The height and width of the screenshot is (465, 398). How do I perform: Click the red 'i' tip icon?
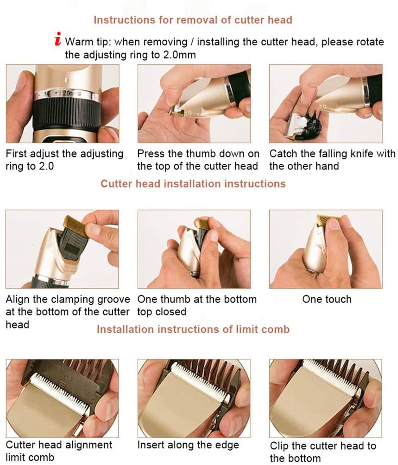click(x=58, y=39)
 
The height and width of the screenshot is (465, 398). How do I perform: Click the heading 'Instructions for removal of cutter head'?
click(x=193, y=20)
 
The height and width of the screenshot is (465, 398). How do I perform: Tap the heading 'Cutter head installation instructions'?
click(x=193, y=183)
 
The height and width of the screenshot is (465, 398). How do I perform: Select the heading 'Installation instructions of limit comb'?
click(x=193, y=329)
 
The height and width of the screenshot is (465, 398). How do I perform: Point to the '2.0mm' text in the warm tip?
click(x=179, y=55)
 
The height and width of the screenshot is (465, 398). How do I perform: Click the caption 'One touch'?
click(x=327, y=299)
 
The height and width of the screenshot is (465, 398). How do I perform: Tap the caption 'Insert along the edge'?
click(x=188, y=445)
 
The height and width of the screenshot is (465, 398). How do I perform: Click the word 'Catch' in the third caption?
click(x=283, y=154)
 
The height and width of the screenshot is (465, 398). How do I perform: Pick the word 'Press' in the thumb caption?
click(x=151, y=154)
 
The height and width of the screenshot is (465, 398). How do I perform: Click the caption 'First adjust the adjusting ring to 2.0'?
click(x=65, y=160)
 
